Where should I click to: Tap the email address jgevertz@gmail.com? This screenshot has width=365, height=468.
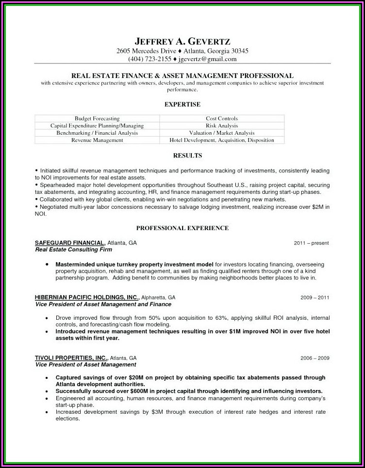coord(207,59)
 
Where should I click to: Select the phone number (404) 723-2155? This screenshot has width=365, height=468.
coord(150,59)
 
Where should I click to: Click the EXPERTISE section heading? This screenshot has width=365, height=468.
coord(182,104)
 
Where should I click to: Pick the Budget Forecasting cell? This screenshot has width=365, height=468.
coord(97,118)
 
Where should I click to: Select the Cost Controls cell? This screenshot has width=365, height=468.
coord(221,118)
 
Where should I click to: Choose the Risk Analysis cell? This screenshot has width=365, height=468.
coord(221,125)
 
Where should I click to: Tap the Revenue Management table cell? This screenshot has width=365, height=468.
coord(97,140)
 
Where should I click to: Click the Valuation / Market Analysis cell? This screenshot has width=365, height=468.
coord(221,133)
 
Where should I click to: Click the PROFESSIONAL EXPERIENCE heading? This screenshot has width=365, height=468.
coord(182,228)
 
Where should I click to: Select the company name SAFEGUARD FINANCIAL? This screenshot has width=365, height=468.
coord(69,243)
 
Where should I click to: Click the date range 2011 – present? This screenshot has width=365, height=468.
coord(312,243)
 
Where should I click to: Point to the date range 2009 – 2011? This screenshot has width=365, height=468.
coord(315,297)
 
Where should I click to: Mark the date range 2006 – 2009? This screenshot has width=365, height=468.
coord(315,358)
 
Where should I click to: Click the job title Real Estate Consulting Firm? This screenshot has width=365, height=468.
coord(73,250)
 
